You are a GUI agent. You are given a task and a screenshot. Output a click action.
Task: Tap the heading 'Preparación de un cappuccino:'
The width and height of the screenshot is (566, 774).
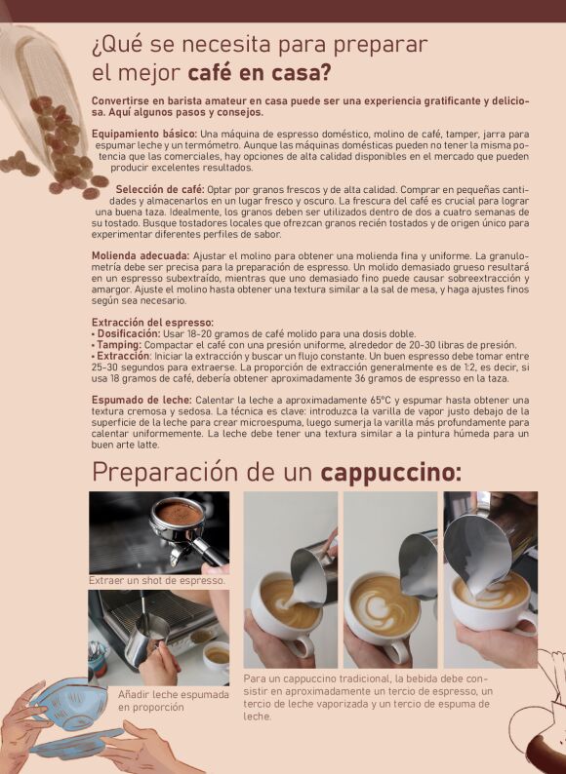(x=276, y=472)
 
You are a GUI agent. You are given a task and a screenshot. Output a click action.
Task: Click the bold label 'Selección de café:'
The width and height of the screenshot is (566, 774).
(x=160, y=188)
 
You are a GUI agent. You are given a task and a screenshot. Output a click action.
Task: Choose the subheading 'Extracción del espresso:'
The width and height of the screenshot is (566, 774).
(x=152, y=322)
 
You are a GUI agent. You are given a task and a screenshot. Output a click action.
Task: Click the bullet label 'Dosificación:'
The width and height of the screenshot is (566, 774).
(x=131, y=333)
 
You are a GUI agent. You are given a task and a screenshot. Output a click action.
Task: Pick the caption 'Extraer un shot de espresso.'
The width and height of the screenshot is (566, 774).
(x=157, y=580)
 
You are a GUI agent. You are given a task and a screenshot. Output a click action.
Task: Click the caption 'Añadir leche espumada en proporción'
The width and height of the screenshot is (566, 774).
(x=174, y=700)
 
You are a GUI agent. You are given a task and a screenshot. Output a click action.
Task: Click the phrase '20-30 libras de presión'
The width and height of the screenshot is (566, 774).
(x=453, y=344)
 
